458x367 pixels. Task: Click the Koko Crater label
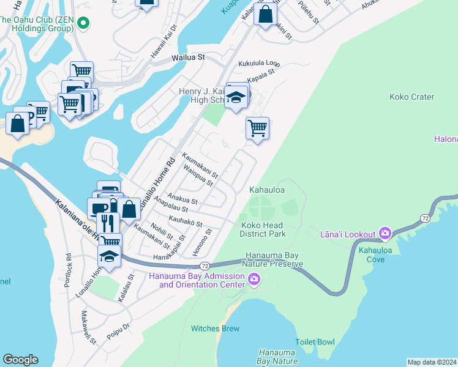point(411,97)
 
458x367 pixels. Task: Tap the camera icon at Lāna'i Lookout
point(385,233)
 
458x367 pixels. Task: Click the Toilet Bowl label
point(315,342)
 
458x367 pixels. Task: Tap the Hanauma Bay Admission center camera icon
point(254,280)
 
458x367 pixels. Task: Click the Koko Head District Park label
point(263,229)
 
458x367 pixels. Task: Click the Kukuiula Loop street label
point(259,63)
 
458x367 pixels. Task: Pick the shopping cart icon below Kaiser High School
point(257,128)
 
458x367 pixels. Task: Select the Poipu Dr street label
point(118,331)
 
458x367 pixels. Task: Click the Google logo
point(20,360)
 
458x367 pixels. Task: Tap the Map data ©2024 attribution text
point(432,362)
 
